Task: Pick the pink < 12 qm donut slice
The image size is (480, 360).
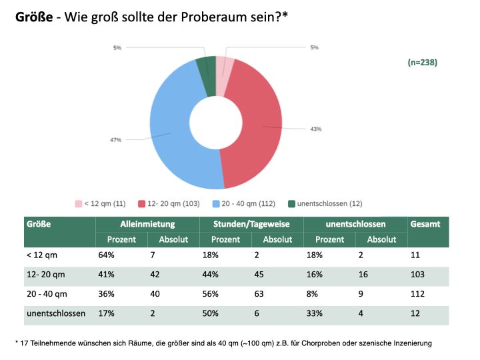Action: (225, 67)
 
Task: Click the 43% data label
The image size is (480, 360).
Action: (316, 129)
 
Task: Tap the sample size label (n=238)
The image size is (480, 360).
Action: (422, 62)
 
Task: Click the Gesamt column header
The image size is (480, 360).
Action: (425, 225)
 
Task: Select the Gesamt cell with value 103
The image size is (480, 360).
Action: (418, 275)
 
